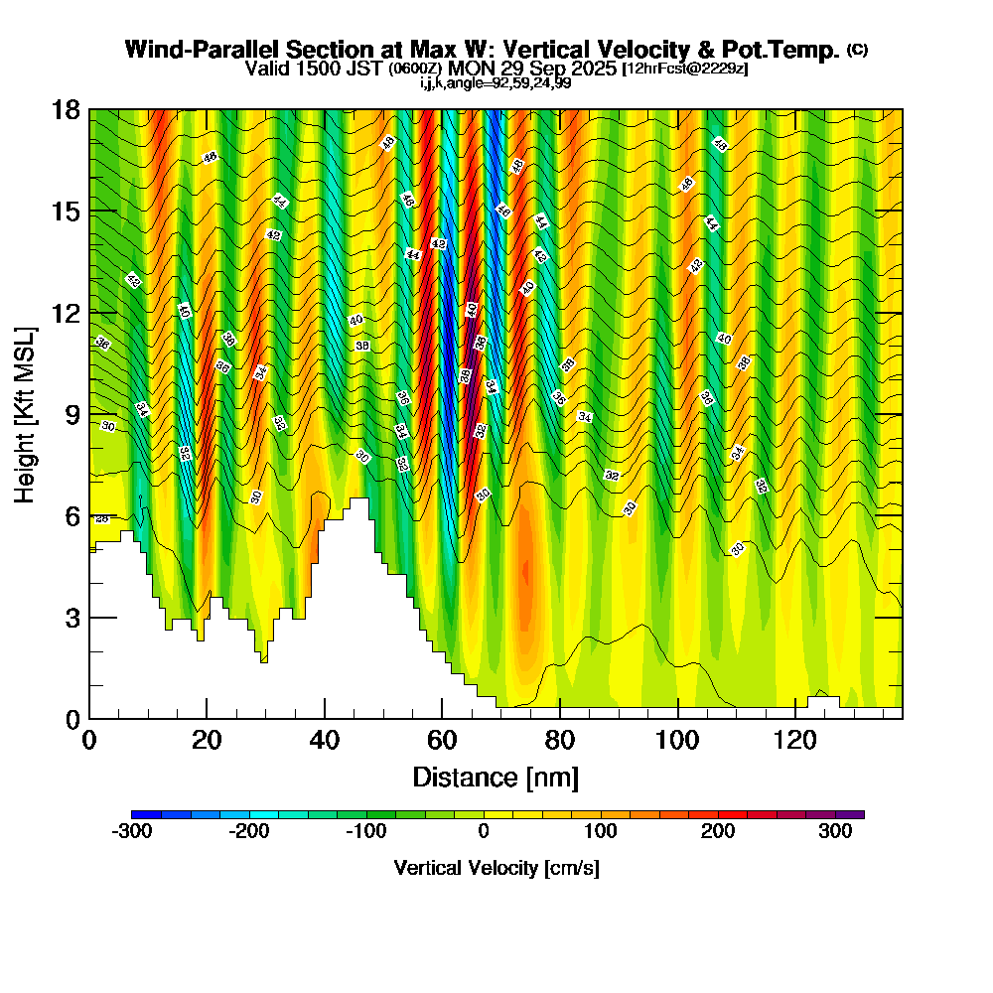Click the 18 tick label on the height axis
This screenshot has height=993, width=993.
click(66, 110)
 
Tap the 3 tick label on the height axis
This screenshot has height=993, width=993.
click(71, 618)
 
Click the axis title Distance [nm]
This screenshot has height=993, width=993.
click(496, 777)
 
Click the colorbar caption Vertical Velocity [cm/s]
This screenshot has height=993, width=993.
click(496, 868)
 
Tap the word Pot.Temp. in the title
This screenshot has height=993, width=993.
click(788, 50)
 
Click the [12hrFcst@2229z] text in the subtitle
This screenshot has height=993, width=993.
click(684, 70)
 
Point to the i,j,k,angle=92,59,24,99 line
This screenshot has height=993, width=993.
click(496, 83)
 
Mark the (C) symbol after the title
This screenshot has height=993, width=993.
click(858, 49)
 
